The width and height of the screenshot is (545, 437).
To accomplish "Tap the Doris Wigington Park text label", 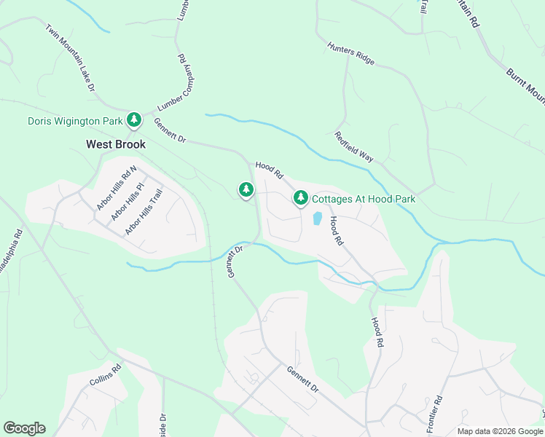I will coord(74,121).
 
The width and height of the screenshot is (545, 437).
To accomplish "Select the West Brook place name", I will coord(116,144).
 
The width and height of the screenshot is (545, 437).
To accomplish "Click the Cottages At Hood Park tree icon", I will coord(300,198).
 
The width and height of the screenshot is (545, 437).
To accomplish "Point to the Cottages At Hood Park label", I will coord(364,199).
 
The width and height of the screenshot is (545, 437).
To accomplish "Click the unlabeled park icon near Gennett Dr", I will coord(246,191).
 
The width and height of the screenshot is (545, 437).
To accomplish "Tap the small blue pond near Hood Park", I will coord(318,218).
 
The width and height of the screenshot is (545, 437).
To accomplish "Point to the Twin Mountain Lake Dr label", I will coord(71,58).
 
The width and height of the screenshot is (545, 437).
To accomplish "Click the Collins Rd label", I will coord(105,376).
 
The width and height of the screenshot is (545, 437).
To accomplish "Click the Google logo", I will coord(24,428).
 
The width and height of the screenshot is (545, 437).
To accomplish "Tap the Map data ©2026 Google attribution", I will coord(500,431).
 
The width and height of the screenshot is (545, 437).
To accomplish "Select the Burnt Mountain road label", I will coord(525,86).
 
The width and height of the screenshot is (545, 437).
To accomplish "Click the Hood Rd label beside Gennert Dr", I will coord(269,170).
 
